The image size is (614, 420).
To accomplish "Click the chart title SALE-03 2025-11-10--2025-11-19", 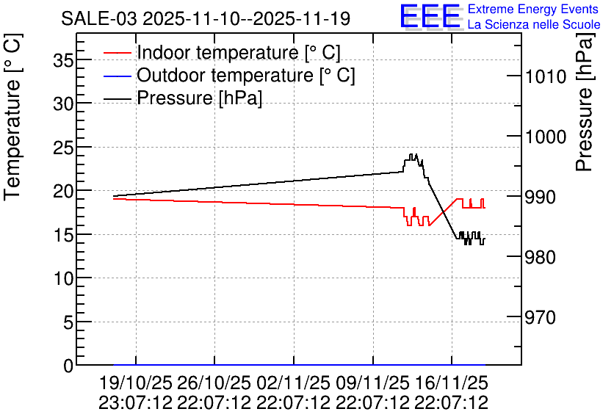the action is [206, 19].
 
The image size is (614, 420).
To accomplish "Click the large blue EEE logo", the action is [430, 16].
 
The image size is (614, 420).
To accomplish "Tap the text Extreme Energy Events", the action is [533, 9].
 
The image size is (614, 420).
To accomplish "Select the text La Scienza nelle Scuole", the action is [534, 24].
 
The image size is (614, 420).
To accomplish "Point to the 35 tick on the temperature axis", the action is [62, 60].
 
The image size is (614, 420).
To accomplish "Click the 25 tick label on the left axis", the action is [62, 148].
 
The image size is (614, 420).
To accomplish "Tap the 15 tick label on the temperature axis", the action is [62, 235].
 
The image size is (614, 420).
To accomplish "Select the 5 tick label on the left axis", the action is [68, 322].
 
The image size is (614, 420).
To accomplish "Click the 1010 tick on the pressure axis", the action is [546, 76].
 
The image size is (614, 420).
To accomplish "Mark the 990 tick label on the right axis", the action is [541, 197].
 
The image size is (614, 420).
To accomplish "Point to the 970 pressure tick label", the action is [541, 317].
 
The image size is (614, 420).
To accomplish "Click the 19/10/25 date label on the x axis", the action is [135, 383].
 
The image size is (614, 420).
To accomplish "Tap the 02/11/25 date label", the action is [293, 383].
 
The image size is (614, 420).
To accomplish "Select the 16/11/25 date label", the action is [452, 383].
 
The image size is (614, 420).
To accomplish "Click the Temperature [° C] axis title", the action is [12, 117].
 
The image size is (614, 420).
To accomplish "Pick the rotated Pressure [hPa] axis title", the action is [585, 102].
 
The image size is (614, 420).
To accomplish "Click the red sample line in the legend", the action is [117, 53].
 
